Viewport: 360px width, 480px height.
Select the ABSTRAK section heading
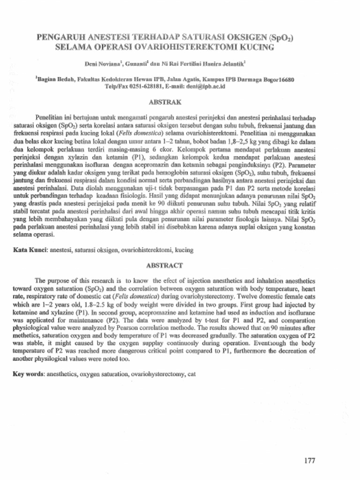coord(164,101)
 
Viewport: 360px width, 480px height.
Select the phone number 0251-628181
coord(139,87)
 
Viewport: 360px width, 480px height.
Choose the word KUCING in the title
coord(256,47)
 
